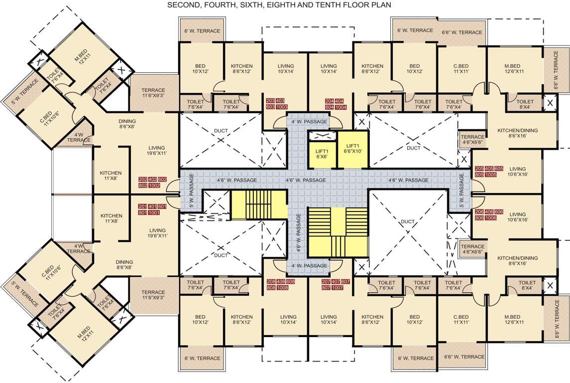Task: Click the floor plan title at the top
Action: click(279, 5)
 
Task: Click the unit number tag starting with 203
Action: click(277, 104)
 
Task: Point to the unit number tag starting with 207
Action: click(336, 285)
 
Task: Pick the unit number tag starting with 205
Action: click(489, 172)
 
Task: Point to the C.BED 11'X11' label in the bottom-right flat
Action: click(461, 320)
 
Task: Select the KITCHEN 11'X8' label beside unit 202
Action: click(111, 176)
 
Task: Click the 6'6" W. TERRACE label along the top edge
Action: click(461, 32)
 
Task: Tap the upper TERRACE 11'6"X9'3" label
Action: click(153, 93)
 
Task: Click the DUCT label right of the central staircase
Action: click(408, 221)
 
